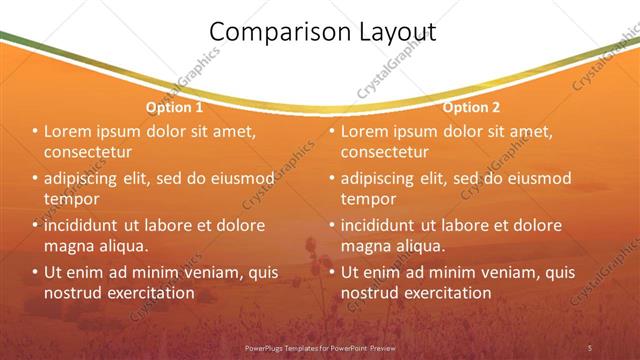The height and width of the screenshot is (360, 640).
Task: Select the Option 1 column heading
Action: (x=175, y=107)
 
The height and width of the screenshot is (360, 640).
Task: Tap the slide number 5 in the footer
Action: (x=590, y=347)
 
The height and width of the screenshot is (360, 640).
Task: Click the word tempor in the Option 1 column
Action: (x=71, y=198)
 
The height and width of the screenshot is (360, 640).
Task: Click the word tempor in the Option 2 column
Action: (x=367, y=198)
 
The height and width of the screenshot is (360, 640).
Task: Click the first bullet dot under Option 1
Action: (x=35, y=132)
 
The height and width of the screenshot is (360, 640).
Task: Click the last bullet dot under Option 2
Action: (x=331, y=272)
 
